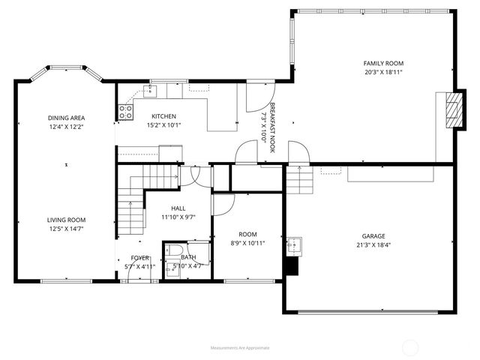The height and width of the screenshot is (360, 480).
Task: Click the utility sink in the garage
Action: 292,244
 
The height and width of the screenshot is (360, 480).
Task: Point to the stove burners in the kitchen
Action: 125,112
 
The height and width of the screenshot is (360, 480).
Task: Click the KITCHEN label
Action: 163,116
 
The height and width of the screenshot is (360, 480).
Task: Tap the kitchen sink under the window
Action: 150,91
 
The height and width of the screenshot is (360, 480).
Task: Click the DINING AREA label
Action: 66,118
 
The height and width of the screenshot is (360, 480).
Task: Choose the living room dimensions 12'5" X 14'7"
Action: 67,228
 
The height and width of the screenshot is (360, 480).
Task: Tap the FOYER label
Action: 136,257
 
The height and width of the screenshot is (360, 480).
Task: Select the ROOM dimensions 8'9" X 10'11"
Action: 247,243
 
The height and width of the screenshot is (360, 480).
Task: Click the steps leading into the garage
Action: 299,180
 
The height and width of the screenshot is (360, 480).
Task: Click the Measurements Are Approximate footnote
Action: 240,347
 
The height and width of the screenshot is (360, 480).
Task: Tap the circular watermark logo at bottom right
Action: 411,346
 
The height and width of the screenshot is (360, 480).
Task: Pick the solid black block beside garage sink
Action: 293,265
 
